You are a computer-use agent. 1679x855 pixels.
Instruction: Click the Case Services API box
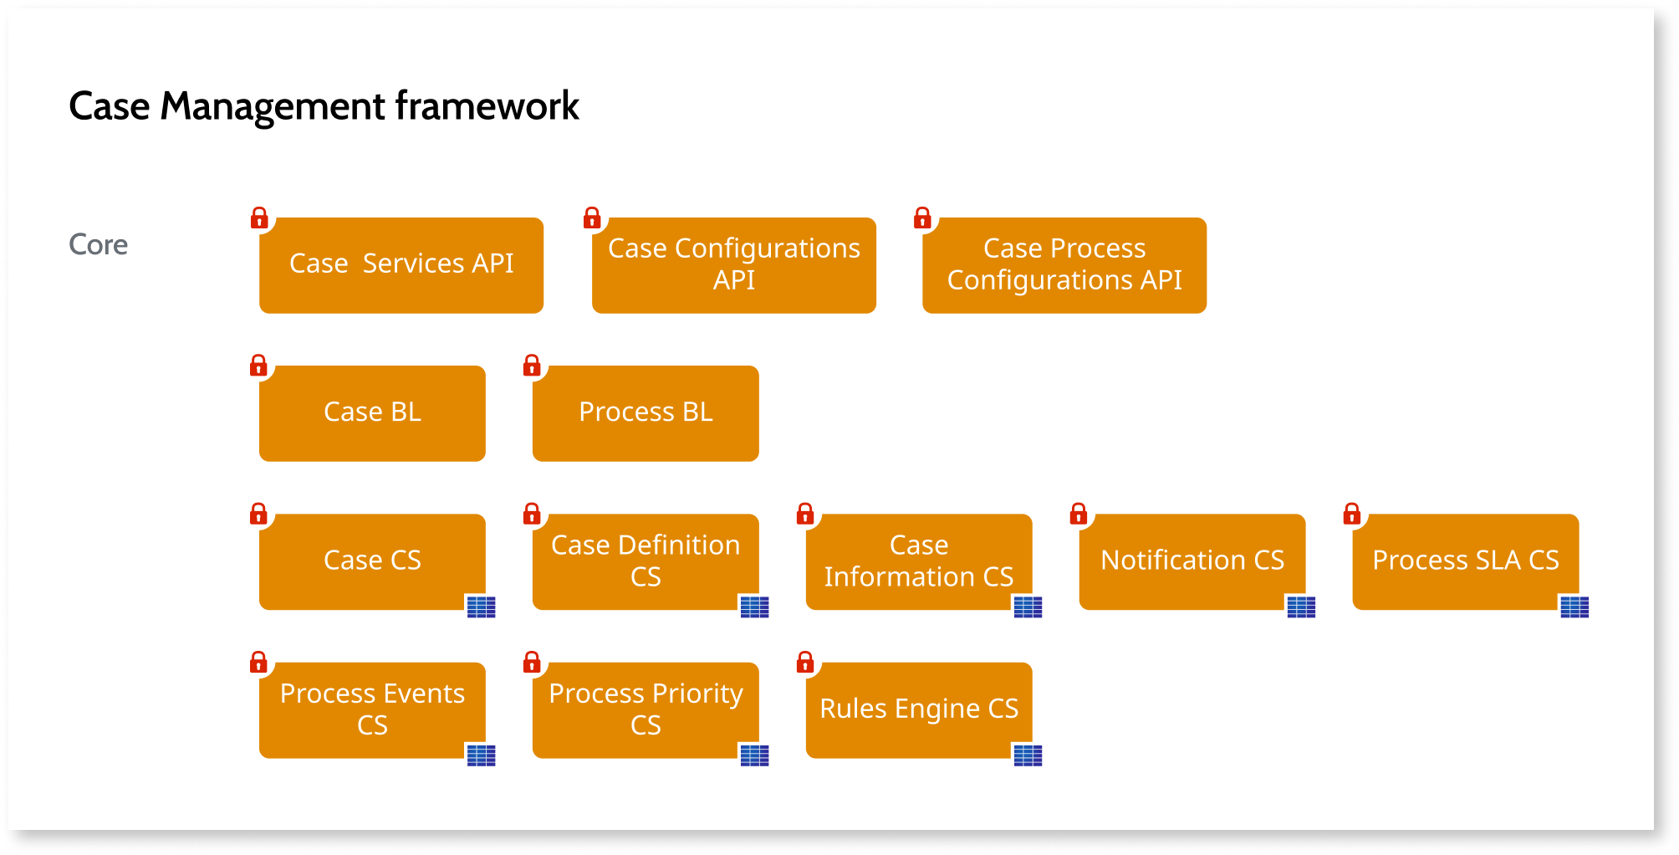(x=401, y=265)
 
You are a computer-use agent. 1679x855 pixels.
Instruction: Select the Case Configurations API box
(x=733, y=265)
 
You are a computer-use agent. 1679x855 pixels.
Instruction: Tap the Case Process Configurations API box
(x=1064, y=265)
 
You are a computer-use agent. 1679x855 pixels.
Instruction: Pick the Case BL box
(x=372, y=413)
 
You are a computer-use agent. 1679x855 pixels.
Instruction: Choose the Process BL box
(x=646, y=413)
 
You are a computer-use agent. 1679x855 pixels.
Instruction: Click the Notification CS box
(x=1192, y=561)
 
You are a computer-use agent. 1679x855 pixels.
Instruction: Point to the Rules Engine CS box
(x=919, y=710)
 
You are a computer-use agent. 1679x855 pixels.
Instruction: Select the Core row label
(x=98, y=244)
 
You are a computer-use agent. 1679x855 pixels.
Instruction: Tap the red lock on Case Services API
(x=259, y=218)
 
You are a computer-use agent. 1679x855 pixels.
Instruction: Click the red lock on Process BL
(x=532, y=366)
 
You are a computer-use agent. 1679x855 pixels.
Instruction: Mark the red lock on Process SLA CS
(x=1351, y=514)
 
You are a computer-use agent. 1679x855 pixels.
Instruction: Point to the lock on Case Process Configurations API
(x=922, y=218)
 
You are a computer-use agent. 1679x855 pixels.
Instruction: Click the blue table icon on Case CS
(x=481, y=607)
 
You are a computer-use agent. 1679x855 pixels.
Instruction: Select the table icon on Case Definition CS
(x=754, y=607)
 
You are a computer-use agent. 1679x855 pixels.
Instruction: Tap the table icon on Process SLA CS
(x=1574, y=607)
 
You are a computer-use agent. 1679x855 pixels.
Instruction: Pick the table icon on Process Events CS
(x=481, y=755)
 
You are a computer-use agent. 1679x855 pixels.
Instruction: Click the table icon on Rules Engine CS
(x=1028, y=755)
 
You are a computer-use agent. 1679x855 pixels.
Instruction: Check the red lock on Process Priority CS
(x=532, y=663)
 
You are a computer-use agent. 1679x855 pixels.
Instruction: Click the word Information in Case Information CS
(x=899, y=577)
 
